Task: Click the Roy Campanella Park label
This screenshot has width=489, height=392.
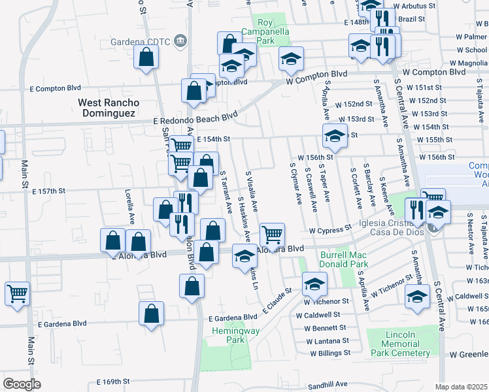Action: (x=265, y=31)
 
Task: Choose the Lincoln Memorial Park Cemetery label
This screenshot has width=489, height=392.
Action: (x=398, y=344)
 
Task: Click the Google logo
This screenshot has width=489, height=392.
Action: (x=22, y=384)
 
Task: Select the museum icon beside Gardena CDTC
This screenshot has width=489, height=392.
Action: (x=181, y=42)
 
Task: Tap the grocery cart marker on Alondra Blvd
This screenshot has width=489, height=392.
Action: (x=272, y=233)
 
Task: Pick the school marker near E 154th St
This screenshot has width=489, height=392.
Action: (x=334, y=135)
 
